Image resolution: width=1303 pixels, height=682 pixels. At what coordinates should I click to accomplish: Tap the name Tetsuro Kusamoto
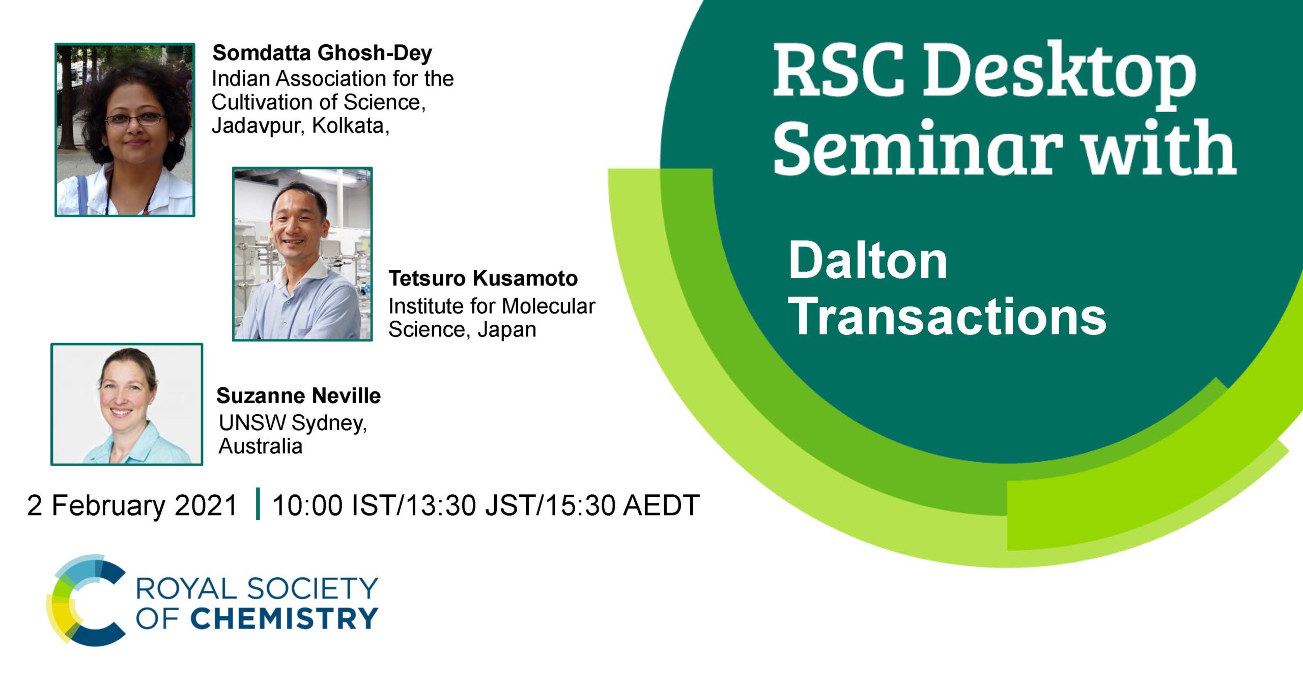point(483,278)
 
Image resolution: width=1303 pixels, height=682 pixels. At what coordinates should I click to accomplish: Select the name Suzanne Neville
point(298,395)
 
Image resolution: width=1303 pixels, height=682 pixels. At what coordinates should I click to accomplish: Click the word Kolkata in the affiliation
point(350,125)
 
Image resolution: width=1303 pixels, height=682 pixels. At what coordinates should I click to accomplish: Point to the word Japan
point(506,330)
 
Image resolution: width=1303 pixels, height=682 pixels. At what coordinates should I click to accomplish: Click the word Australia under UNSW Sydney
point(261,446)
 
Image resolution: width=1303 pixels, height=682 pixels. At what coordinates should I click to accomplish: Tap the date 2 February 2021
point(132,505)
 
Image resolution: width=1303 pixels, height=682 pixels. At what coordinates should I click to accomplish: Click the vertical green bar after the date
point(258,503)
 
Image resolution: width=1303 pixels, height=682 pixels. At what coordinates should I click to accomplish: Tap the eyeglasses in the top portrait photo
point(135,120)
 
